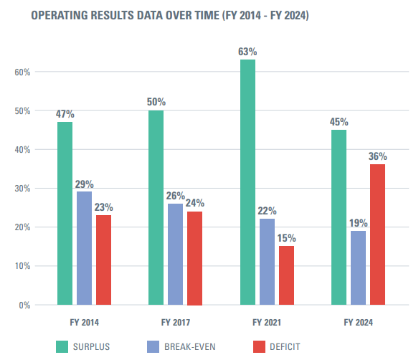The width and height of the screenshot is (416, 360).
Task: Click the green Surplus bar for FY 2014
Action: pyautogui.click(x=65, y=213)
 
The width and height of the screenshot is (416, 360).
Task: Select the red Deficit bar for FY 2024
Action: pyautogui.click(x=377, y=234)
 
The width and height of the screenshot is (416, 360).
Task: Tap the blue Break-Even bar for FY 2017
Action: pyautogui.click(x=176, y=254)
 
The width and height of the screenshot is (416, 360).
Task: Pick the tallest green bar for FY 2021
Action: pyautogui.click(x=247, y=182)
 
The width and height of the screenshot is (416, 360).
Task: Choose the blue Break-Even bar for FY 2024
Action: pyautogui.click(x=358, y=267)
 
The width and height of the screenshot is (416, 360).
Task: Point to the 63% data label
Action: pyautogui.click(x=248, y=52)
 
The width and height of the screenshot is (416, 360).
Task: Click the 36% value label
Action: pyautogui.click(x=378, y=156)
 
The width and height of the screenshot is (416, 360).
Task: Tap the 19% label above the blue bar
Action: pyautogui.click(x=358, y=222)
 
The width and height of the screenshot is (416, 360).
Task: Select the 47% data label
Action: pyautogui.click(x=65, y=113)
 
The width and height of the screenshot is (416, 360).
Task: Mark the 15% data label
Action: pyautogui.click(x=287, y=237)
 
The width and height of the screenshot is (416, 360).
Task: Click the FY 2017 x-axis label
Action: pyautogui.click(x=176, y=323)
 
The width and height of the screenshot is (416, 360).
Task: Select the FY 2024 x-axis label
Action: pyautogui.click(x=358, y=323)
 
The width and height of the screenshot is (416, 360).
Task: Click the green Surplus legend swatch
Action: pyautogui.click(x=62, y=347)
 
